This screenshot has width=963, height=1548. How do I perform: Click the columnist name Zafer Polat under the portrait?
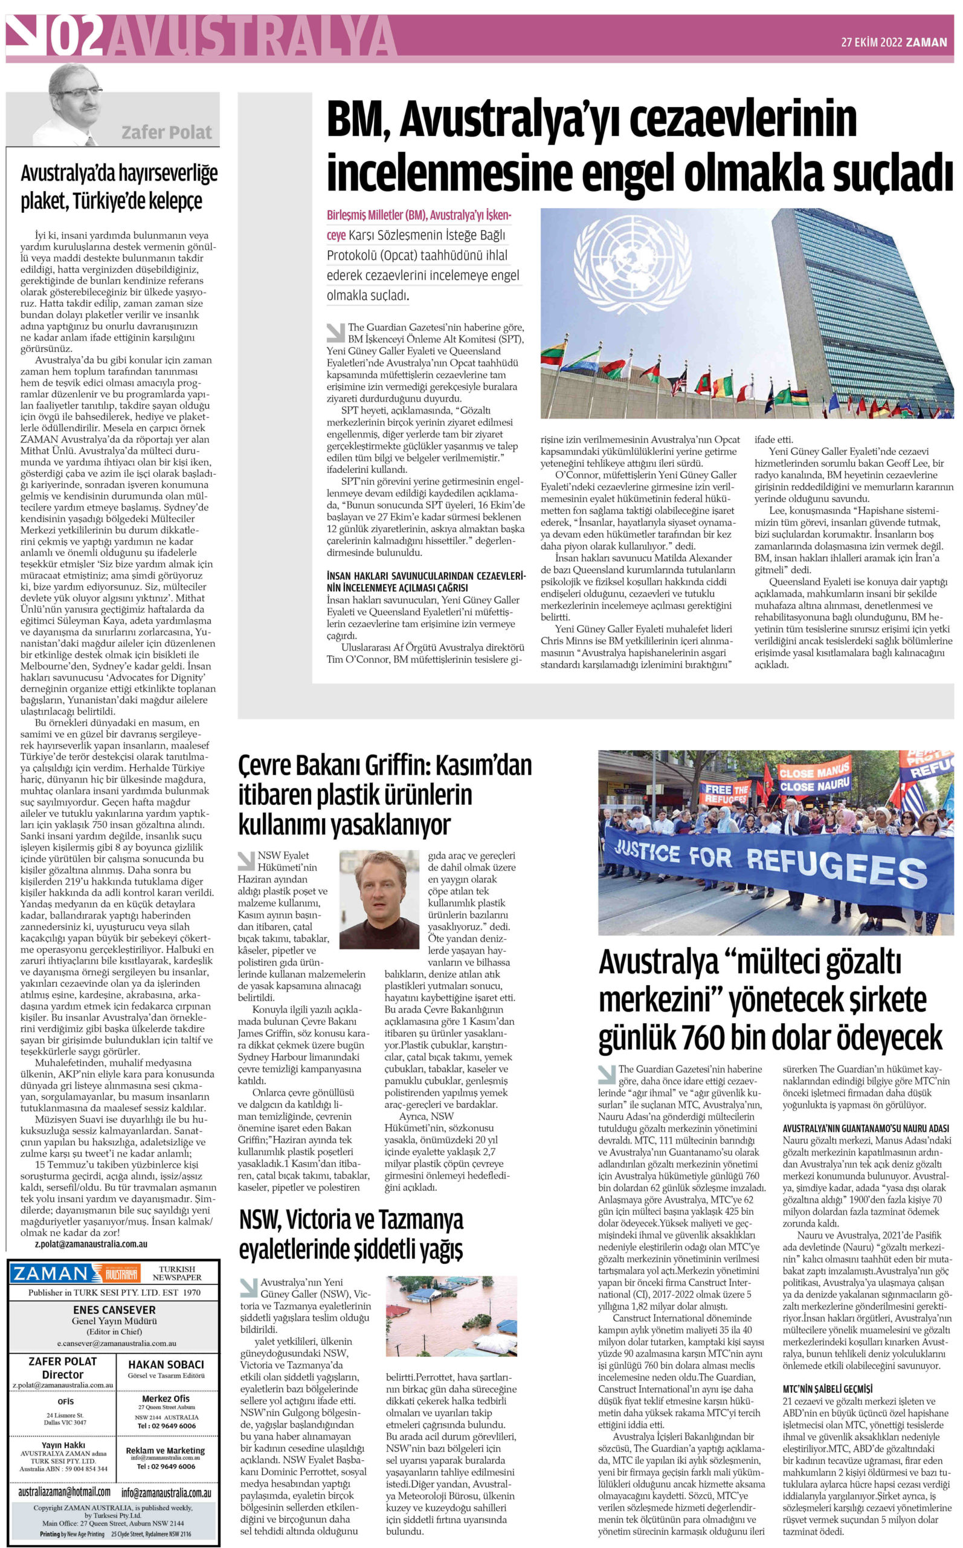pyautogui.click(x=166, y=133)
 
